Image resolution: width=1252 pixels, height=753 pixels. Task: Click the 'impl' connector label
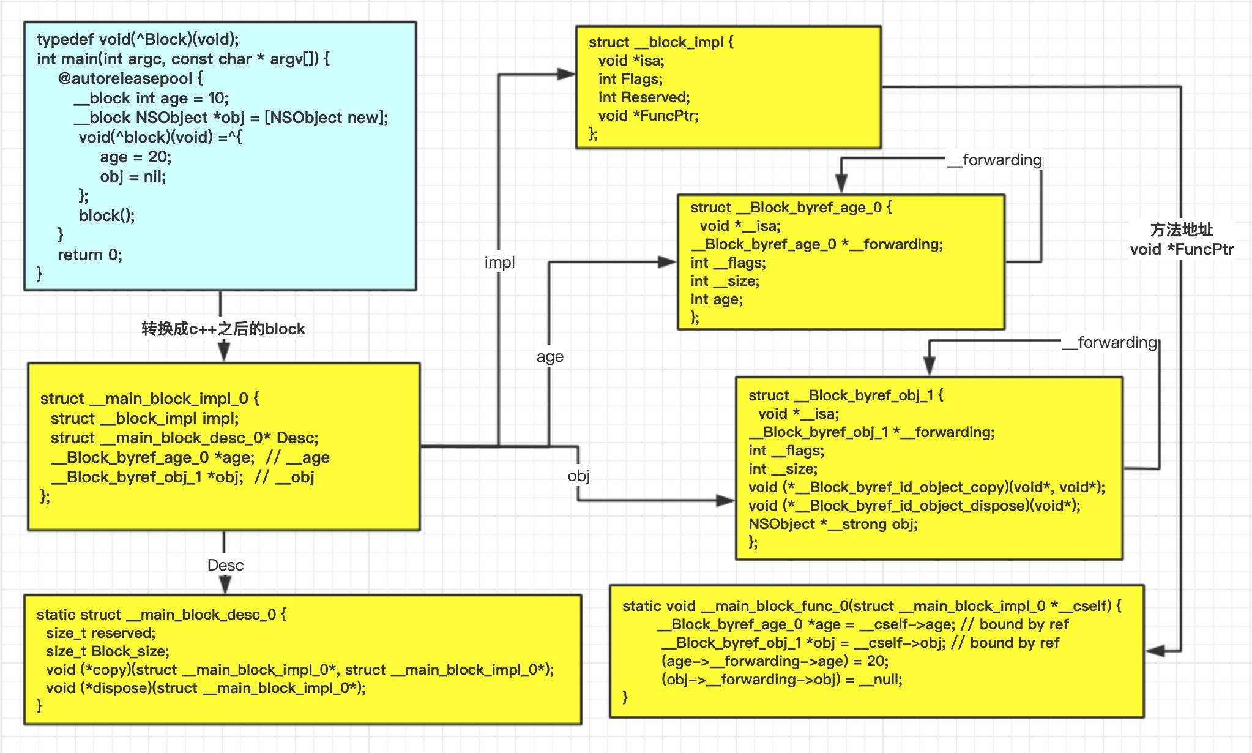click(x=499, y=262)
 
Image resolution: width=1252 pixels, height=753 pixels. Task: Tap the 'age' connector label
click(x=550, y=356)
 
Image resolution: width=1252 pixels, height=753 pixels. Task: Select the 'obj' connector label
click(x=578, y=476)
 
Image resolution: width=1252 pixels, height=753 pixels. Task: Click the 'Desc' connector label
click(x=225, y=565)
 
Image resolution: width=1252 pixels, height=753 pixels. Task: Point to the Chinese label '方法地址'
click(x=1181, y=230)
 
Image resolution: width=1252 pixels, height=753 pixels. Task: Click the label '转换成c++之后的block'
click(x=223, y=329)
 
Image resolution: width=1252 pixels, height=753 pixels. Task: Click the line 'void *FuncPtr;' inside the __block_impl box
click(x=648, y=116)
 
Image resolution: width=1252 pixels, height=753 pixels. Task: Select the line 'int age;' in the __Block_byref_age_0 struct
click(x=717, y=299)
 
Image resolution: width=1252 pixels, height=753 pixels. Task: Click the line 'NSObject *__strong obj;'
click(x=833, y=524)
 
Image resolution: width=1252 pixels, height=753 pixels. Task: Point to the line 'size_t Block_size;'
click(x=108, y=651)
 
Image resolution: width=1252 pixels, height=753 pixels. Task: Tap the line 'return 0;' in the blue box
click(x=90, y=255)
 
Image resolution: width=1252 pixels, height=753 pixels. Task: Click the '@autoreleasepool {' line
click(x=130, y=78)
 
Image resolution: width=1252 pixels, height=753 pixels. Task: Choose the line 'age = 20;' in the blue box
click(x=136, y=157)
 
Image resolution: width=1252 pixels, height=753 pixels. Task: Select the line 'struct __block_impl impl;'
click(x=144, y=418)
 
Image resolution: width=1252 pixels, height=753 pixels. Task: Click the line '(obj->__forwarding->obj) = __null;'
click(x=781, y=680)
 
